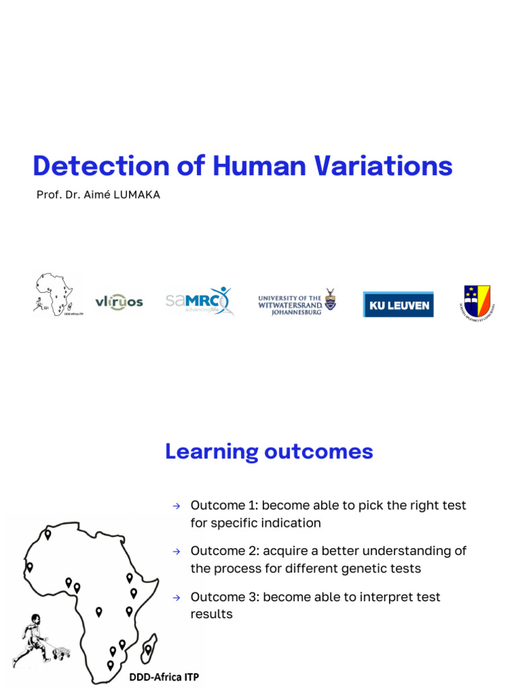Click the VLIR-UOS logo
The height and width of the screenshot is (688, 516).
119,302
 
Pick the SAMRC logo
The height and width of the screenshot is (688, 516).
199,301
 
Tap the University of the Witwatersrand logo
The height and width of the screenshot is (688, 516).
297,303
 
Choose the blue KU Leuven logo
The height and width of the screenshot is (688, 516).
398,304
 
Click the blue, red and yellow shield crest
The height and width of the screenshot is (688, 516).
477,301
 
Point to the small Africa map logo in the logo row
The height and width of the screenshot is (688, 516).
58,294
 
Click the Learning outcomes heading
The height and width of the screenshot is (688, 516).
269,451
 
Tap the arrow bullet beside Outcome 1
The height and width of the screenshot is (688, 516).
176,505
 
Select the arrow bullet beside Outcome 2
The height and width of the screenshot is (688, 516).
176,551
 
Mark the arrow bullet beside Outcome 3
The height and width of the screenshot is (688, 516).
176,597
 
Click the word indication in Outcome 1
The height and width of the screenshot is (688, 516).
288,523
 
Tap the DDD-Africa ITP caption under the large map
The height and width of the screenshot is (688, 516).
163,676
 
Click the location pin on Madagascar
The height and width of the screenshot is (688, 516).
148,649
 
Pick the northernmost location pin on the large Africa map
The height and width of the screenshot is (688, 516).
48,535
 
